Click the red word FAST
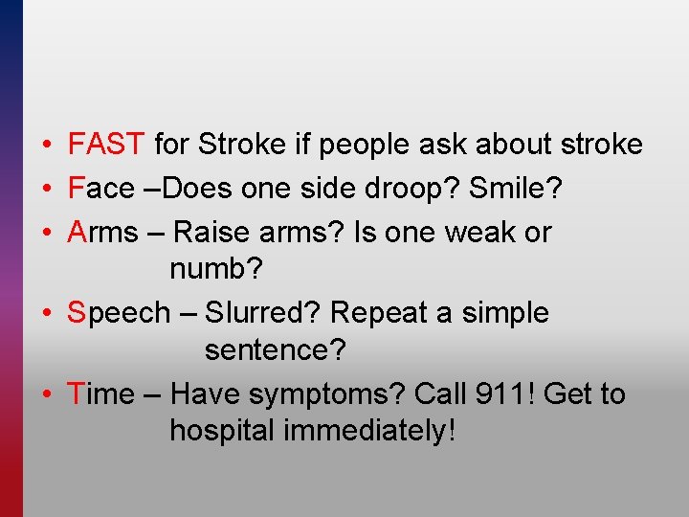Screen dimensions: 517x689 click(x=106, y=145)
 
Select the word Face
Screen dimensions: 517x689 click(x=101, y=188)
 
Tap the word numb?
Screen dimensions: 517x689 click(x=215, y=269)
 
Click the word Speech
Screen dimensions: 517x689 click(x=118, y=313)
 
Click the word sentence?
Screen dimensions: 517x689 click(x=275, y=350)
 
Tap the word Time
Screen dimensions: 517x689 click(x=101, y=393)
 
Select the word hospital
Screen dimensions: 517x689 click(x=222, y=431)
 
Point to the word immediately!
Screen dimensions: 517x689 click(x=369, y=431)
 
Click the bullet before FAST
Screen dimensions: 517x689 click(x=46, y=146)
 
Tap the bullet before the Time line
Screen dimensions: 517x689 click(x=46, y=394)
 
